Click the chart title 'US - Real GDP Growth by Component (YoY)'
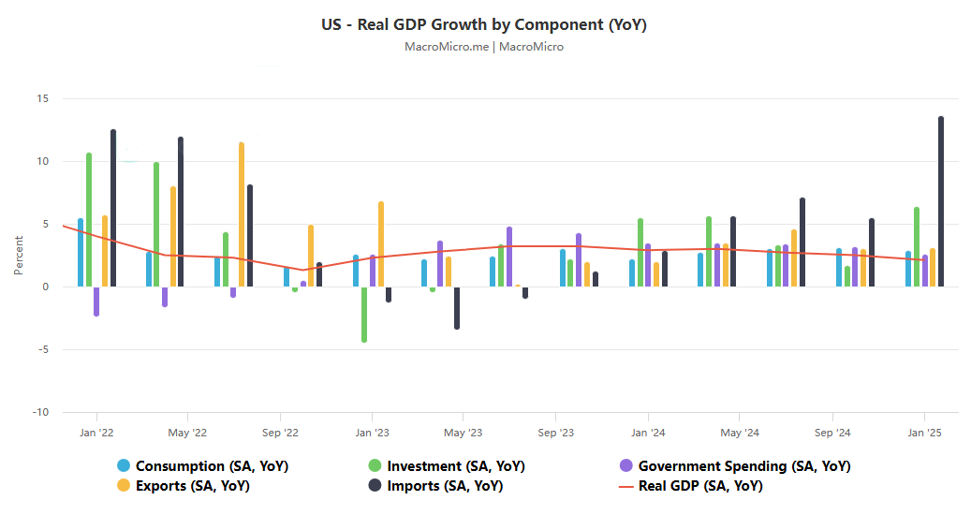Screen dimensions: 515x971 pos(485,24)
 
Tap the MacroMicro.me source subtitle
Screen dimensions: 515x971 pos(485,47)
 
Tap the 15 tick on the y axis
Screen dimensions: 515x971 pos(42,98)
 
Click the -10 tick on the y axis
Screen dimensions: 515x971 pos(40,412)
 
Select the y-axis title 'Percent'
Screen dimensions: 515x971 pos(19,256)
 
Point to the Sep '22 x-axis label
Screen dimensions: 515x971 pos(279,433)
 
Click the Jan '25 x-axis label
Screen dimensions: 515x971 pos(925,433)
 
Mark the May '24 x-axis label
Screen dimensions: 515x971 pos(740,433)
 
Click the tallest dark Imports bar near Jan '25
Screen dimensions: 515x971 pos(941,201)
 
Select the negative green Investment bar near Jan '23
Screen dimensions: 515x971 pos(363,315)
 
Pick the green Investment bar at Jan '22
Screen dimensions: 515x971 pos(89,220)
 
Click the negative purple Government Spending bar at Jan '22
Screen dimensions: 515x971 pos(96,302)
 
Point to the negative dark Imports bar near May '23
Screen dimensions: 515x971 pos(457,308)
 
